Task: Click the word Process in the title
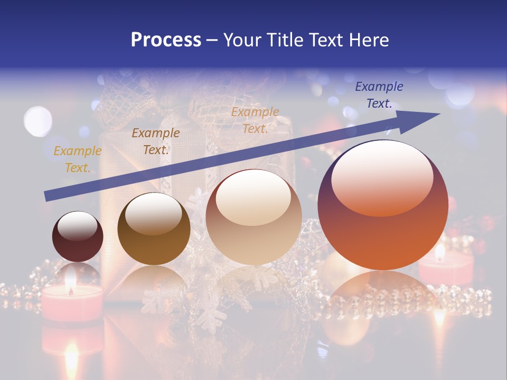point(166,40)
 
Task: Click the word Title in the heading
point(285,40)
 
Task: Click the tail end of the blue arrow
point(48,196)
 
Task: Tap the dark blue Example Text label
point(379,95)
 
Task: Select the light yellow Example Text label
point(77,159)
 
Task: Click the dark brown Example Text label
point(155,141)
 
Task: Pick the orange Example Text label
point(255,120)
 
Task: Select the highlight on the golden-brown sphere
point(154,213)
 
